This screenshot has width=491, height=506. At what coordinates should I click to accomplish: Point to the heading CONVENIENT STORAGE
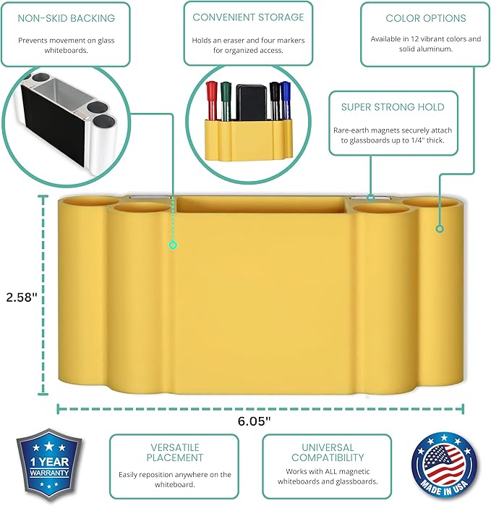(248, 17)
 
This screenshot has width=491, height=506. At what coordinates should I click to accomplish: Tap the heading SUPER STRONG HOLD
(393, 107)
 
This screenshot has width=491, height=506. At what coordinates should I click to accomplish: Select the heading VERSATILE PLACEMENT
(174, 452)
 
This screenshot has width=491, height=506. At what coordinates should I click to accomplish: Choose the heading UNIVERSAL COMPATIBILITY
(327, 452)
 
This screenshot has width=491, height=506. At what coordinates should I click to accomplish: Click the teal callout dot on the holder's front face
(173, 245)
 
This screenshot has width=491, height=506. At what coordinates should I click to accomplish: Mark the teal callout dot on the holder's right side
(438, 229)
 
